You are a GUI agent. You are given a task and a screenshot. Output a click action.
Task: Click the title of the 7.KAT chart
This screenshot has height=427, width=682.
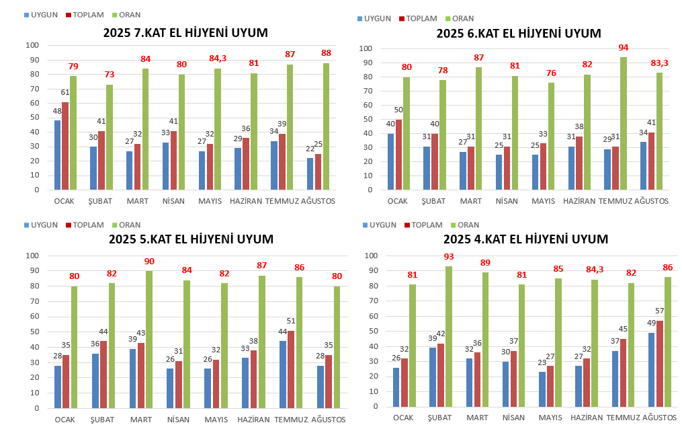185,32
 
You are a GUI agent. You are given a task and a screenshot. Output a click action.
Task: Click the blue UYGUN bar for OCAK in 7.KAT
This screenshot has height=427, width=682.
58,155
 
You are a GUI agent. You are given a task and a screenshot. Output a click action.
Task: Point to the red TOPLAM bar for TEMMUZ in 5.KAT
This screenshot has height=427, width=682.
291,369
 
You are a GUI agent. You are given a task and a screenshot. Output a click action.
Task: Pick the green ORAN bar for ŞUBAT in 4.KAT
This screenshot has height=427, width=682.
448,337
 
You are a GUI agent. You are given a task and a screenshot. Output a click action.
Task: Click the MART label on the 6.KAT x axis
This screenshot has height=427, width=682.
470,201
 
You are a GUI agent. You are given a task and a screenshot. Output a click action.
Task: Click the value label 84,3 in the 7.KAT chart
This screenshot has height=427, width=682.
218,59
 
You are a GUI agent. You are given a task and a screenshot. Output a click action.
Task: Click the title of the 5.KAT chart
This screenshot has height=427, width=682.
191,239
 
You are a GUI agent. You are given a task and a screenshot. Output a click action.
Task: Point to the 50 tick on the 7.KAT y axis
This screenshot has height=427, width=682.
32,118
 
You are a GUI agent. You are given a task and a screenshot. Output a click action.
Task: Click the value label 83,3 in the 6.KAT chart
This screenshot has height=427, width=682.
659,63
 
